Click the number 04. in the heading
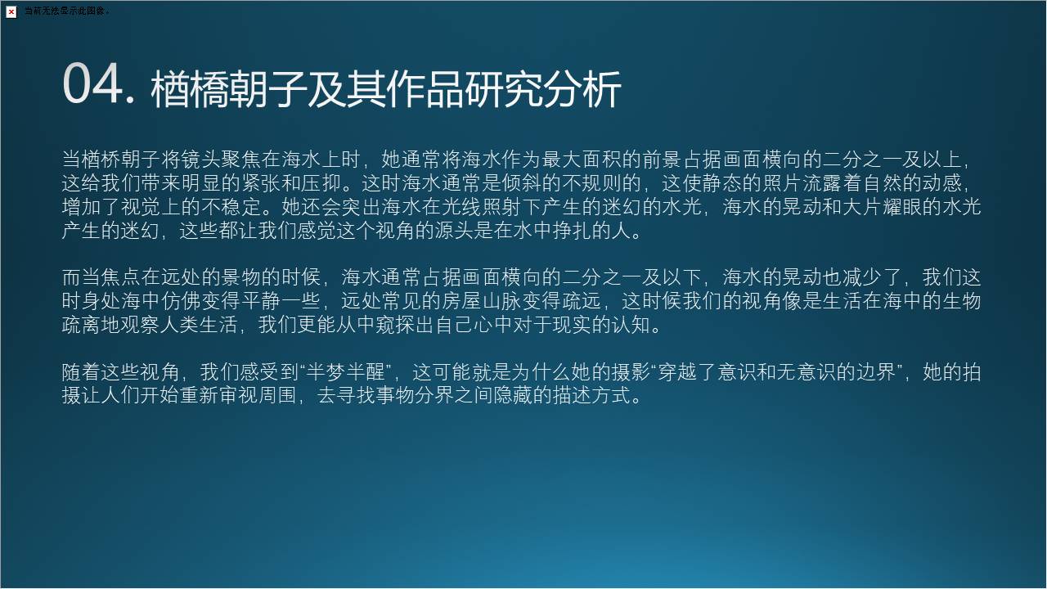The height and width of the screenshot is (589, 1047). click(x=99, y=84)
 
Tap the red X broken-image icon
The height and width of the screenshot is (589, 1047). click(x=11, y=11)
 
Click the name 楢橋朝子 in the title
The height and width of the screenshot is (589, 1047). click(x=228, y=89)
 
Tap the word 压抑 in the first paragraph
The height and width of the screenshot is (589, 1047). click(x=320, y=182)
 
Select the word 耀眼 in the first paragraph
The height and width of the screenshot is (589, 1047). click(x=901, y=207)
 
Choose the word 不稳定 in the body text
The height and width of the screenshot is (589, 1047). click(x=231, y=207)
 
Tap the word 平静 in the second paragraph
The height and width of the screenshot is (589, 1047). click(x=261, y=300)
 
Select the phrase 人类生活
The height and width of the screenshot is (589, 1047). click(x=199, y=325)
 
